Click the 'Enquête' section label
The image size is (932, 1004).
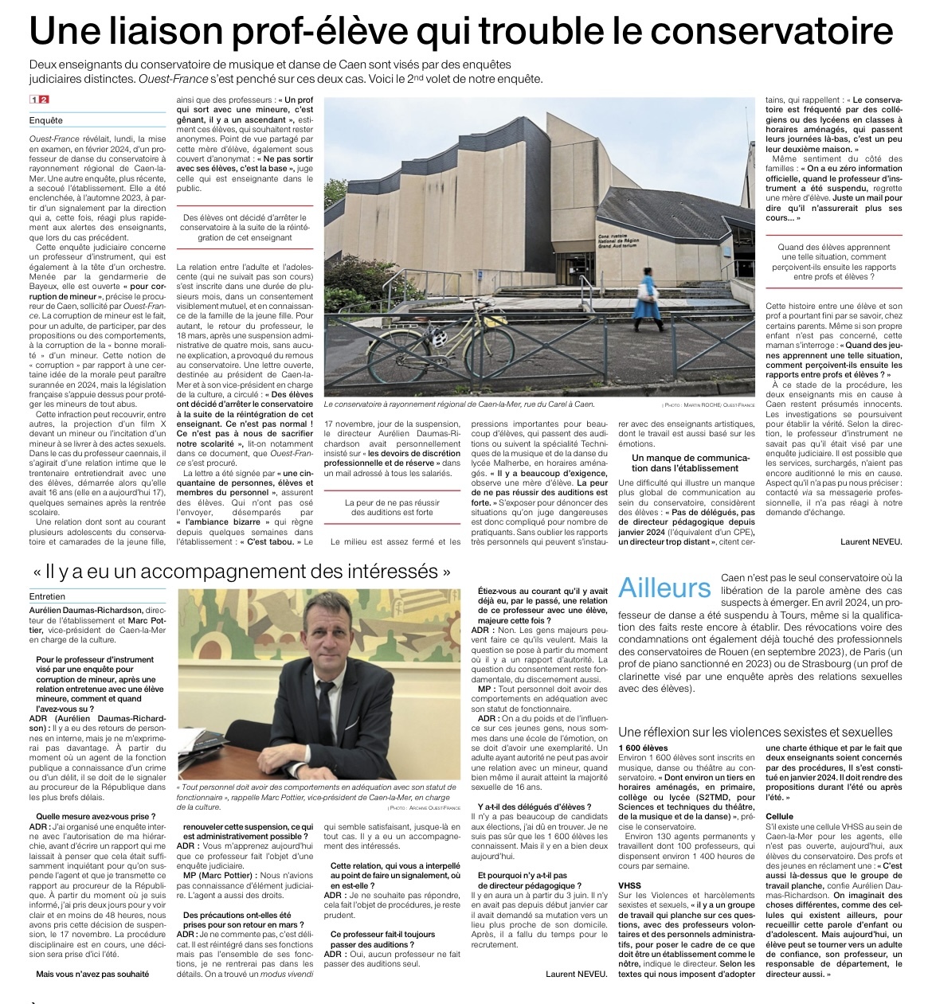pos(46,121)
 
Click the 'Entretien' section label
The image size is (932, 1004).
pos(48,596)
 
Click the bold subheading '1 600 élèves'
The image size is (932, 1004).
pos(643,748)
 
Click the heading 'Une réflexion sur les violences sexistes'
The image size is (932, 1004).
pos(755,732)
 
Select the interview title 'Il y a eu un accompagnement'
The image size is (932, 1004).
pos(248,571)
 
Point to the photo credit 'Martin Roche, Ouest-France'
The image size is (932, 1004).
pos(708,404)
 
